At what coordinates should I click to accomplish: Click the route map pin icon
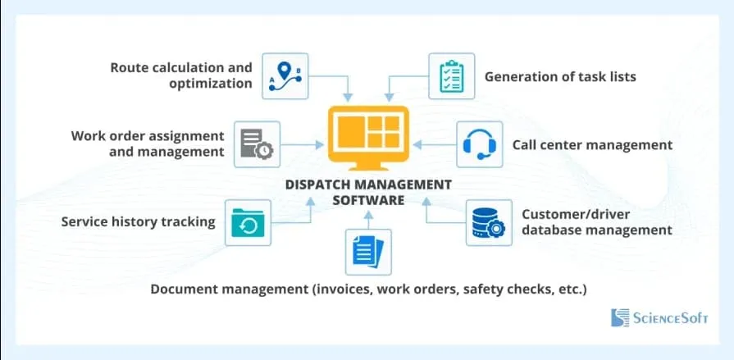coord(285,75)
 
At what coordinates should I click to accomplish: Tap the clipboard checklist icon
coord(452,75)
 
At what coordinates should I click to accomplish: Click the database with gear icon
coord(489,223)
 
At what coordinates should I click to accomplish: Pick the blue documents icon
coord(368,252)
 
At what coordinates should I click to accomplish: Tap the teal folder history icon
coord(248,223)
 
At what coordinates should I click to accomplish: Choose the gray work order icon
coord(257,144)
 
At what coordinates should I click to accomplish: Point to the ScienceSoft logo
coord(659,318)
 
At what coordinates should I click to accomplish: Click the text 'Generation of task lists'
coord(560,76)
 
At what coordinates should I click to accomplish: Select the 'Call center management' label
coord(592,144)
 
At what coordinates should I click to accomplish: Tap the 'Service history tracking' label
coord(138,221)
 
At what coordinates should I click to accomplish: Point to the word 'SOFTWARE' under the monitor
coord(368,200)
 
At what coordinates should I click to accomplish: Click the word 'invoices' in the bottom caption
coord(341,289)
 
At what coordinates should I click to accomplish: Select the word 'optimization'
coord(211,84)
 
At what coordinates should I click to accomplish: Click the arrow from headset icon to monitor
coord(435,144)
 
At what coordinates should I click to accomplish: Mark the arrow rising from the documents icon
coord(368,220)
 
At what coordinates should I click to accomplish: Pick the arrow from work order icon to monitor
coord(302,144)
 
